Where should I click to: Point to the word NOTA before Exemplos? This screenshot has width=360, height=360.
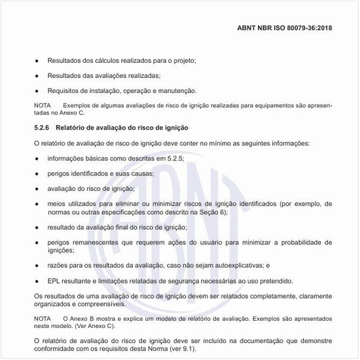pyautogui.click(x=42, y=105)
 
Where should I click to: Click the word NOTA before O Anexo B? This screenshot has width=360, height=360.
pyautogui.click(x=42, y=317)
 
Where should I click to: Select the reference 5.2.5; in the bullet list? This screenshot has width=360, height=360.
pyautogui.click(x=175, y=158)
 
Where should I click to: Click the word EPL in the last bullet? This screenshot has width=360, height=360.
pyautogui.click(x=54, y=281)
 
